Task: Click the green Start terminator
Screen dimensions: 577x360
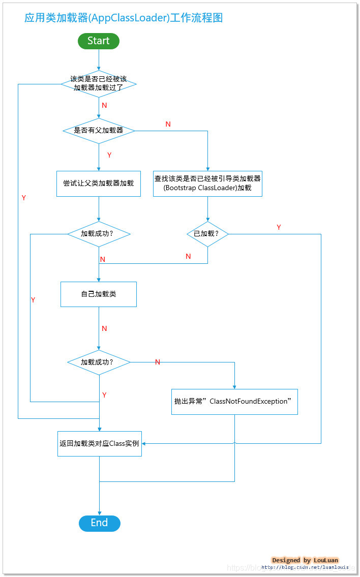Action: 98,41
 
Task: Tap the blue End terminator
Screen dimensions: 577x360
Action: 99,523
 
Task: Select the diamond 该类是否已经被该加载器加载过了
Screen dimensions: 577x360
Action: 99,84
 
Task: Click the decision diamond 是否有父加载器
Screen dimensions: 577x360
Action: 99,131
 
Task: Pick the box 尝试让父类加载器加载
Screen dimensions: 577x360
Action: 99,183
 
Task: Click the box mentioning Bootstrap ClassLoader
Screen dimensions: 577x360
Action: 207,183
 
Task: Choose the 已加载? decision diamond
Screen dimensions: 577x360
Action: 207,234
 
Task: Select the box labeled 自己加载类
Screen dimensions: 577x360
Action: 99,294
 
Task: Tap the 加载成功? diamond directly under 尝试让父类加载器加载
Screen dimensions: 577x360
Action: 99,234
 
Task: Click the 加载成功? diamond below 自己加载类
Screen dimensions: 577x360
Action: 99,362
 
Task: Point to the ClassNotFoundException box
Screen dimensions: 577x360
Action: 234,402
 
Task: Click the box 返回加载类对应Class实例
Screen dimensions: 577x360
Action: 99,443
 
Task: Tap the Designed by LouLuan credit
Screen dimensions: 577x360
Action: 305,560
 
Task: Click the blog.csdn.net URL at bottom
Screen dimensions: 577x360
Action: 305,567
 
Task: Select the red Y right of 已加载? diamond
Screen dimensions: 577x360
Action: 279,227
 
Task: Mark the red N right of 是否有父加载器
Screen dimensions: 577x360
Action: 168,125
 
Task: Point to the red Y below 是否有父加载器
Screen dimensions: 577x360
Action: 109,155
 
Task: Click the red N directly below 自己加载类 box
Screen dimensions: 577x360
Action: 104,328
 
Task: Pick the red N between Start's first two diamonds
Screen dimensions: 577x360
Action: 104,105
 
